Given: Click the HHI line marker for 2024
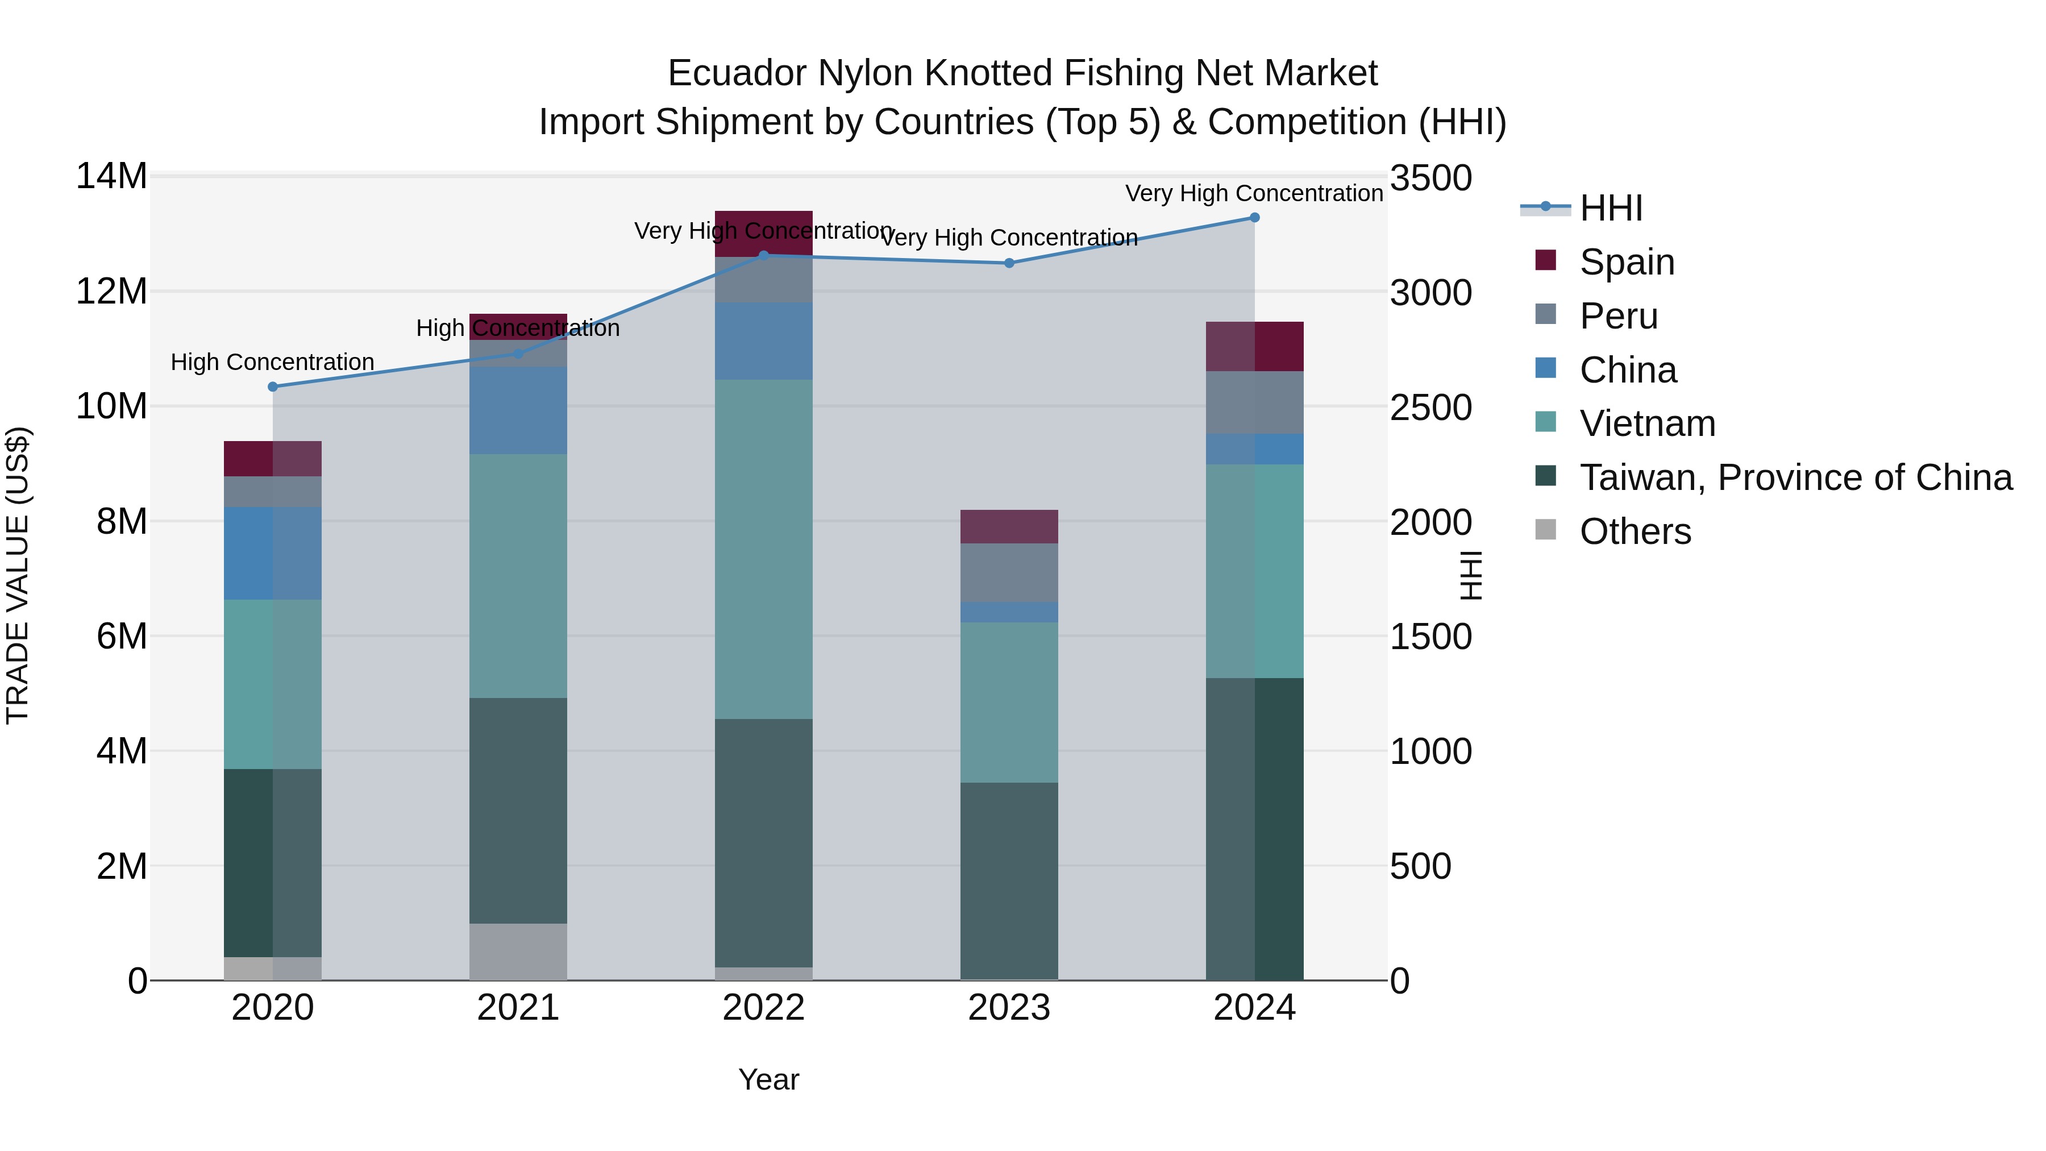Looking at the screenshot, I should [1255, 218].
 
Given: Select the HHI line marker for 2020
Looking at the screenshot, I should [272, 387].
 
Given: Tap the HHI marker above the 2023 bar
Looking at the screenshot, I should [1009, 263].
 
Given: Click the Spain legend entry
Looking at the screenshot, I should [1627, 262].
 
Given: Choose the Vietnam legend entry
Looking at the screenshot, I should [1647, 423].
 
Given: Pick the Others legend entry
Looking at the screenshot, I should [1635, 531].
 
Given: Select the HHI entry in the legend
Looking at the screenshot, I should [1611, 208].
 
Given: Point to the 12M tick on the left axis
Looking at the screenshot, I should [111, 292].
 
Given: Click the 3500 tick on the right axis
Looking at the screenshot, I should [1430, 178].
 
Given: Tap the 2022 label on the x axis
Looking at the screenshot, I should [763, 1008].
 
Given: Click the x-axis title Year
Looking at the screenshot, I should [768, 1079].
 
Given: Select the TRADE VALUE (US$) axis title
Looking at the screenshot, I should [18, 575].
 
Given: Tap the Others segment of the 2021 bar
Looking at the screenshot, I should [518, 951].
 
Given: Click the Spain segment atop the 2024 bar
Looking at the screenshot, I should [1255, 346].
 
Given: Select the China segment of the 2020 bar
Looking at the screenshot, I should [272, 553].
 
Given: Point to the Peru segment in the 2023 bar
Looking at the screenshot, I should [1009, 573].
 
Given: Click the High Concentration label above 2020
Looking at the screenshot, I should [272, 362].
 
